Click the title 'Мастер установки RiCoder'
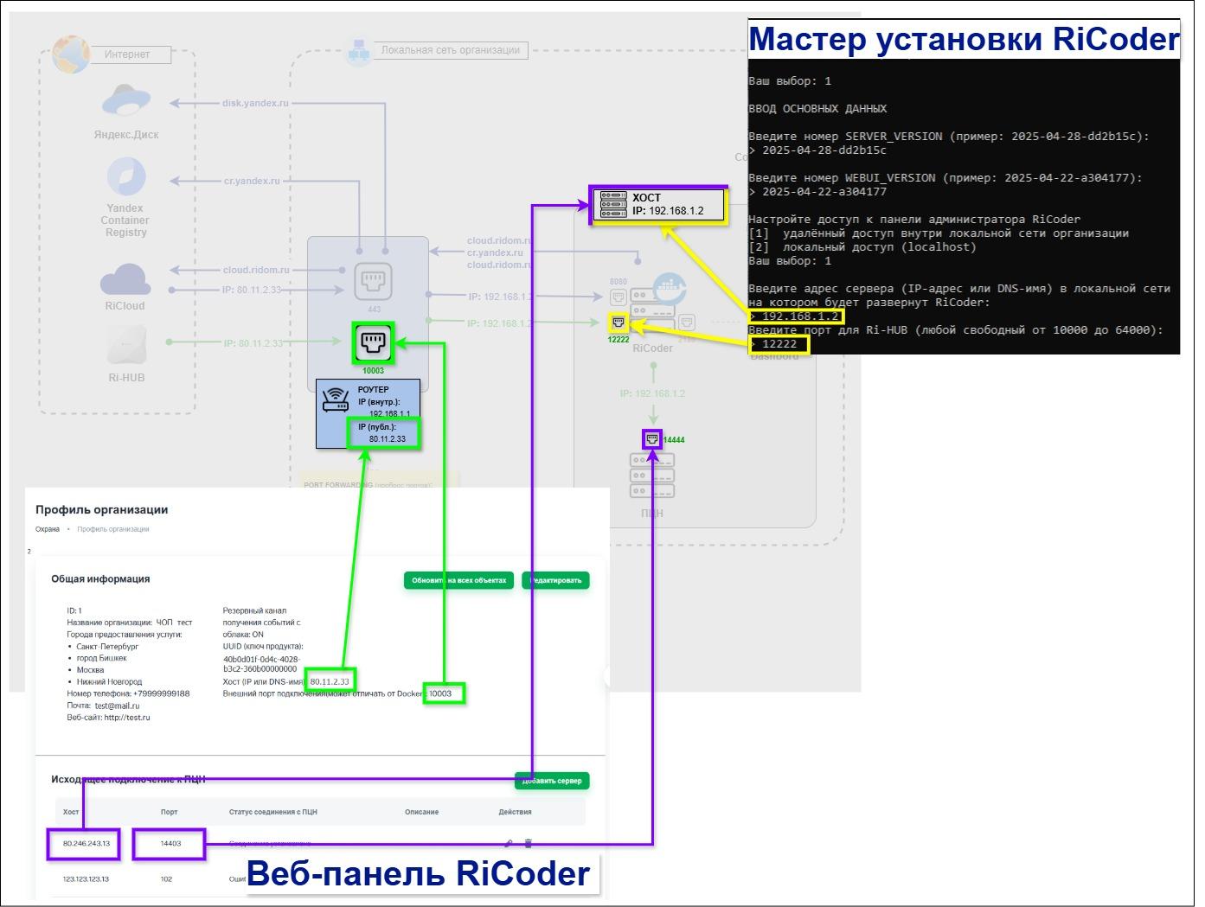click(963, 40)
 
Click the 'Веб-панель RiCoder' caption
click(419, 873)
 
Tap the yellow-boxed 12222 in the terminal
click(779, 344)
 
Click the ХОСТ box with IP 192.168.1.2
click(658, 205)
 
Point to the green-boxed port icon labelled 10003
click(373, 342)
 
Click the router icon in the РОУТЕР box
click(336, 400)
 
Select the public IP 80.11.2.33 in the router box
click(384, 433)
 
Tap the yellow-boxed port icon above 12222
click(618, 323)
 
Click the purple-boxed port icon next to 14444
click(652, 439)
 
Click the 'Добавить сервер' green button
click(552, 781)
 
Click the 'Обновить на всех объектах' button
click(458, 580)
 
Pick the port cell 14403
click(170, 844)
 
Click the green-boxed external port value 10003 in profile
click(443, 693)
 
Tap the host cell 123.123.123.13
click(86, 879)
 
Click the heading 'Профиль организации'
click(102, 510)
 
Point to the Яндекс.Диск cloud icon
click(126, 102)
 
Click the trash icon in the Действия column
click(529, 844)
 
